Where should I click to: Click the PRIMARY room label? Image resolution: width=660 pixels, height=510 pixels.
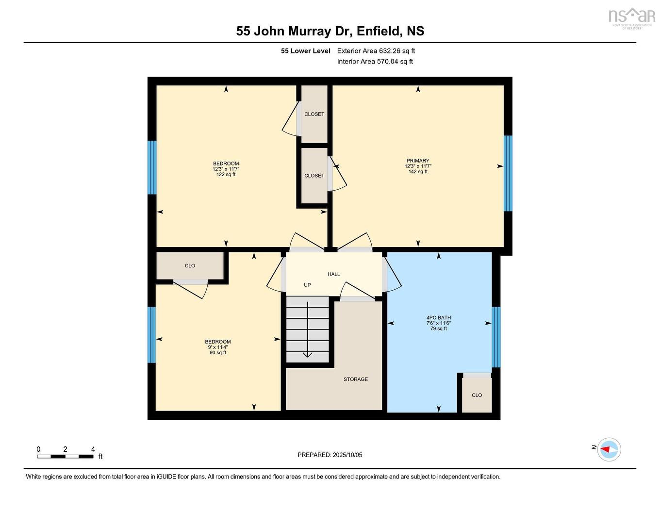pyautogui.click(x=418, y=161)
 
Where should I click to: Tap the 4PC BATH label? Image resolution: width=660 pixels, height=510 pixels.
pyautogui.click(x=438, y=318)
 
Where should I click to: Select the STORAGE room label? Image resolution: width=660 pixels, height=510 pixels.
pyautogui.click(x=356, y=379)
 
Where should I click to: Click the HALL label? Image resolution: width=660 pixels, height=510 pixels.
pyautogui.click(x=333, y=274)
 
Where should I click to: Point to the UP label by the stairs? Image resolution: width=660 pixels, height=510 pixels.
pyautogui.click(x=307, y=285)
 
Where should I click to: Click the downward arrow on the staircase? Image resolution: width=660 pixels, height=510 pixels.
pyautogui.click(x=307, y=354)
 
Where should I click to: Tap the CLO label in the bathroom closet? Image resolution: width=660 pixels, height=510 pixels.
pyautogui.click(x=477, y=395)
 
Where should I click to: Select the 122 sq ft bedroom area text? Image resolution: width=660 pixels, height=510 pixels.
pyautogui.click(x=226, y=175)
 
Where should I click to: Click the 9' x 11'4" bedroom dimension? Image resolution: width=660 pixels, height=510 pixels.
pyautogui.click(x=217, y=347)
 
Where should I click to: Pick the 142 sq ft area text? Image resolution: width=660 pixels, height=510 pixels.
pyautogui.click(x=418, y=172)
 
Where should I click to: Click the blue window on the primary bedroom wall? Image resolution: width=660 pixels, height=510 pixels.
pyautogui.click(x=508, y=173)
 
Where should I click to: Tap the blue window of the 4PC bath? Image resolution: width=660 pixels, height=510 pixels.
pyautogui.click(x=496, y=337)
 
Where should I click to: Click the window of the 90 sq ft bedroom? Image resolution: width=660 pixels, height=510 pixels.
pyautogui.click(x=152, y=335)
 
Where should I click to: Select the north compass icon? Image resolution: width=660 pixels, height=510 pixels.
pyautogui.click(x=609, y=449)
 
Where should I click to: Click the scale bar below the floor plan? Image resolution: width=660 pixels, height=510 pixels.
pyautogui.click(x=65, y=456)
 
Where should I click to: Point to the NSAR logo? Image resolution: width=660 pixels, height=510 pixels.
pyautogui.click(x=631, y=17)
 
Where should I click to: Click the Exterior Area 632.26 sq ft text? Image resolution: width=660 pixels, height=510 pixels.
pyautogui.click(x=376, y=51)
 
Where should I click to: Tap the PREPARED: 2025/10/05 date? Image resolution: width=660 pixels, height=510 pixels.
pyautogui.click(x=330, y=455)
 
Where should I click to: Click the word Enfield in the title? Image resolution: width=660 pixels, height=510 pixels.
pyautogui.click(x=379, y=31)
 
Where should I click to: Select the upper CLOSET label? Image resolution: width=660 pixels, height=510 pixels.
pyautogui.click(x=314, y=114)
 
